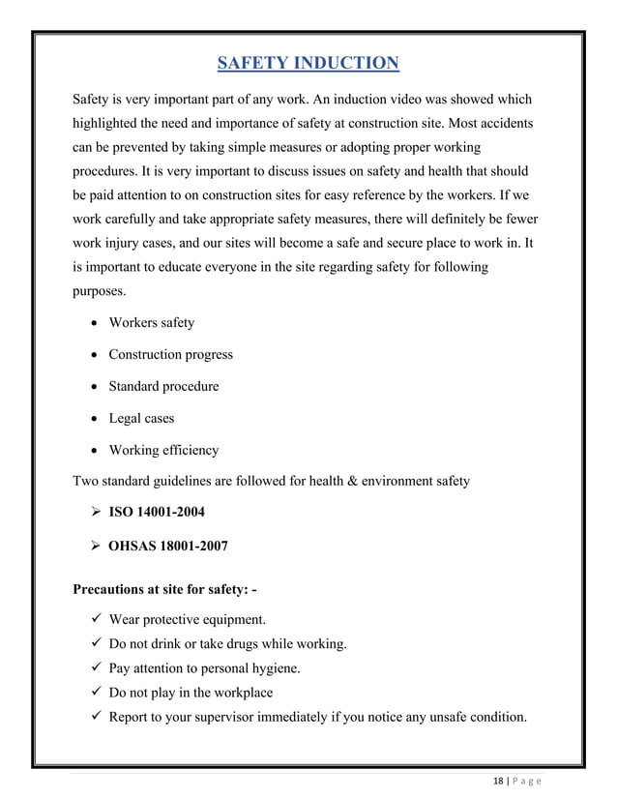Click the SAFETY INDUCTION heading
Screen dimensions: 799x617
(307, 64)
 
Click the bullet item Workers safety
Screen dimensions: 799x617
(151, 322)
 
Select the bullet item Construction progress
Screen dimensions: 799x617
(170, 354)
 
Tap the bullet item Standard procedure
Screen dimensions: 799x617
(163, 386)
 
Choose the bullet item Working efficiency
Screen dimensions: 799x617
(163, 450)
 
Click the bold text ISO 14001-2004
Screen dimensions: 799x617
(156, 512)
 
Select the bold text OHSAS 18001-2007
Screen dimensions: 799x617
(168, 546)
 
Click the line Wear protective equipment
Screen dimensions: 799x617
(188, 619)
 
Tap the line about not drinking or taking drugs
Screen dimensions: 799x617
(227, 644)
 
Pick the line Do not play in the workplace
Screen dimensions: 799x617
(191, 693)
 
